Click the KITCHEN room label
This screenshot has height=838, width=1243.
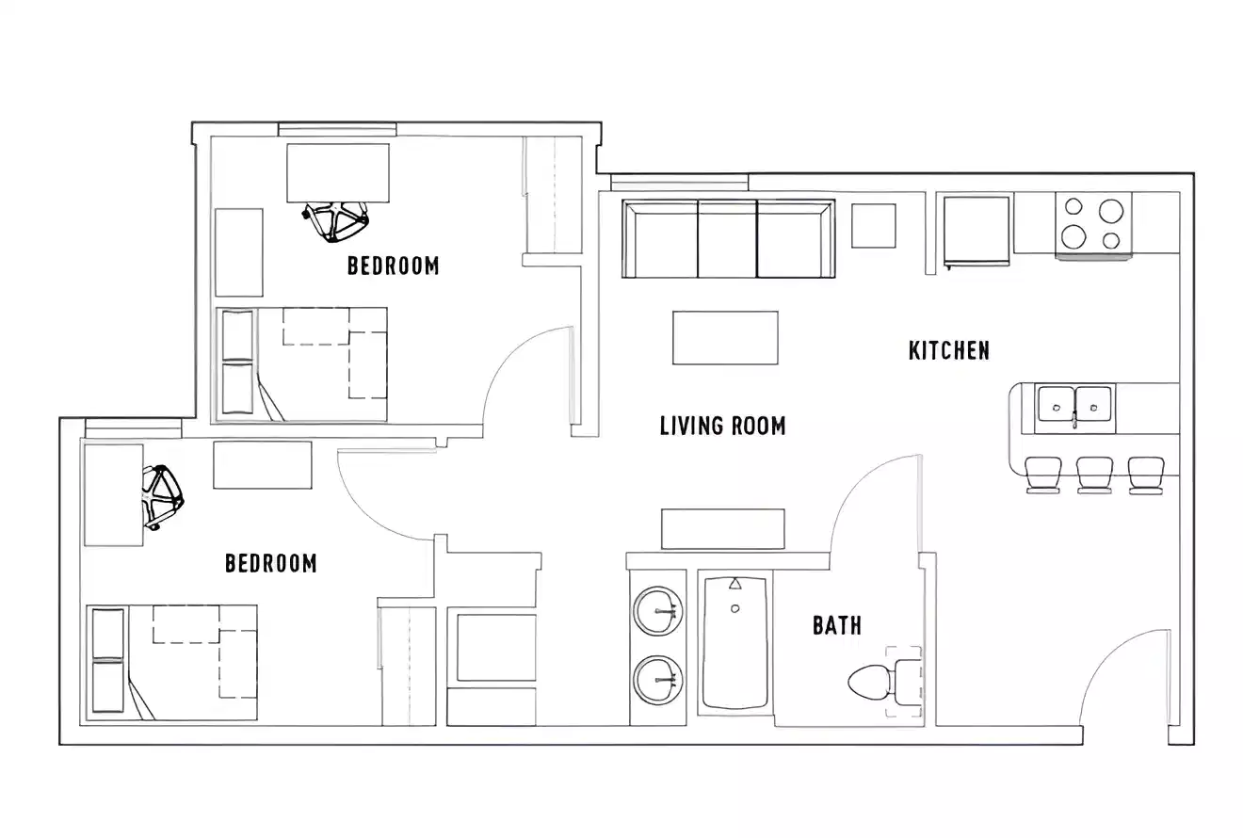[x=948, y=350]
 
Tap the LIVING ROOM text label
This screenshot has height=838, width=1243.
[x=722, y=426]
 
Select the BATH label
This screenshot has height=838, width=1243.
[x=837, y=625]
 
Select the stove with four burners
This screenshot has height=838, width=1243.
[x=1093, y=223]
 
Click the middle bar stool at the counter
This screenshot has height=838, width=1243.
[x=1094, y=474]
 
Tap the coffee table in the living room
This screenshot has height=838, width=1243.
[x=725, y=337]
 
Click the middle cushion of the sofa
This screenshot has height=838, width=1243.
[x=727, y=239]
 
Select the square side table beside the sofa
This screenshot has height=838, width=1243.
[x=873, y=225]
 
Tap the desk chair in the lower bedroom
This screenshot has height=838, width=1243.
[x=162, y=495]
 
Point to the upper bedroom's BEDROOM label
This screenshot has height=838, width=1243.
[x=393, y=266]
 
